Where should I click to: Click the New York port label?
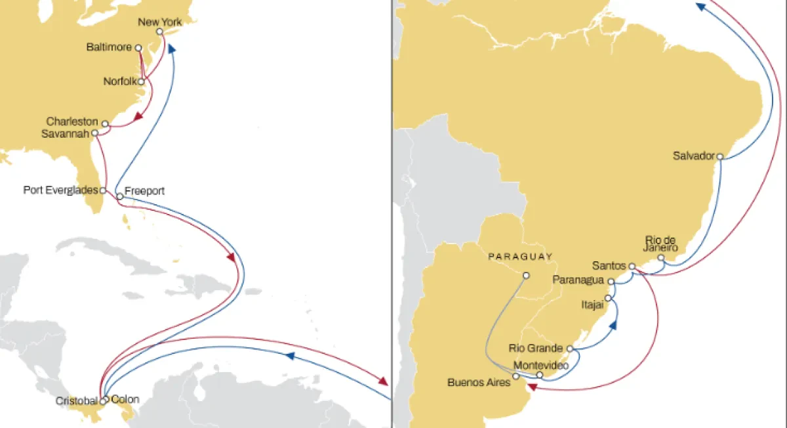pos(159,22)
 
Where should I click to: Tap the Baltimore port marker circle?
pos(138,48)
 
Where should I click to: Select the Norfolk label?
pos(119,81)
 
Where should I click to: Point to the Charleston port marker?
pos(105,123)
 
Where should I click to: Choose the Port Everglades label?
pos(60,190)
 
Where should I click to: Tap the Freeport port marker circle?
pos(120,196)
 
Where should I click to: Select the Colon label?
pos(125,398)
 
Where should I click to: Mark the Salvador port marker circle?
pos(720,156)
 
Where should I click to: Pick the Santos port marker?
pos(632,267)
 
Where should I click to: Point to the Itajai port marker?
pos(607,298)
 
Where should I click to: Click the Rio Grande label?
pos(536,348)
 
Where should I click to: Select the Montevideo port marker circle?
pos(540,375)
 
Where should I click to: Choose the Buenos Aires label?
pos(479,381)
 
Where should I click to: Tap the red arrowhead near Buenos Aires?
pos(533,387)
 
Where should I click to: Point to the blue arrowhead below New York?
pos(171,49)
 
